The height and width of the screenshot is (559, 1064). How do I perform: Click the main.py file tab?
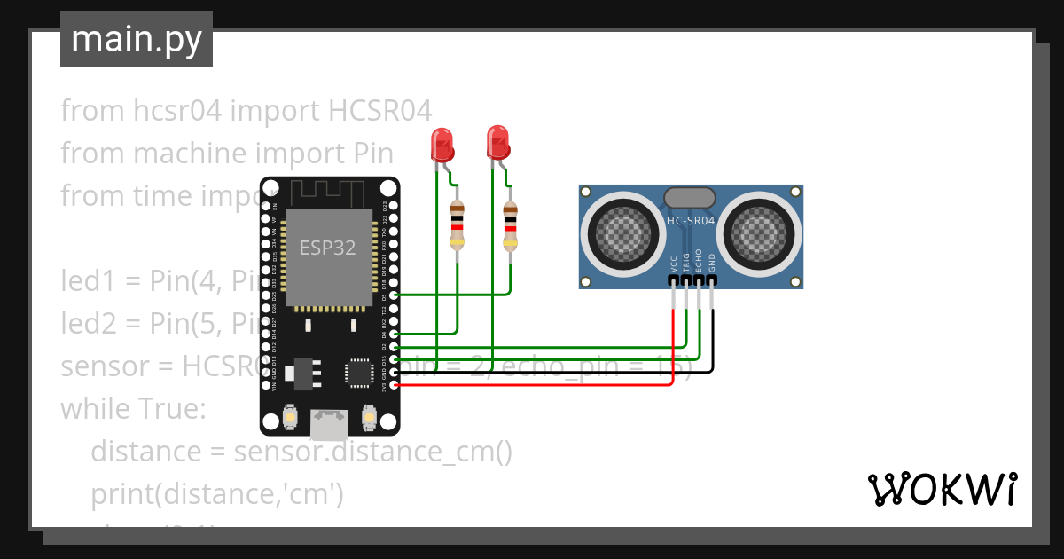pyautogui.click(x=136, y=39)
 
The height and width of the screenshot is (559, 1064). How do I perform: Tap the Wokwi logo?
pyautogui.click(x=941, y=489)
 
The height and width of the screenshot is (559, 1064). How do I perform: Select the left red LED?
pyautogui.click(x=442, y=144)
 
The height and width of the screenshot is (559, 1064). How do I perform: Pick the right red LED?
pyautogui.click(x=498, y=142)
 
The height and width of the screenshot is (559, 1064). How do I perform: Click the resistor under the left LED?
pyautogui.click(x=457, y=225)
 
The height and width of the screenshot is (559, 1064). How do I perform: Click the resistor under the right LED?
pyautogui.click(x=510, y=227)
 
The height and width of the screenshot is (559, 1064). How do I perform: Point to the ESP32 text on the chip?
pyautogui.click(x=327, y=248)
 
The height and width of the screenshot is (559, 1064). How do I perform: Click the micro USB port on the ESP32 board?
pyautogui.click(x=329, y=425)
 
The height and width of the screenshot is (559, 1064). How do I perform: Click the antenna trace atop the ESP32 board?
pyautogui.click(x=329, y=192)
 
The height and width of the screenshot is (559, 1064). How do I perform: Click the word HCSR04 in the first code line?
pyautogui.click(x=379, y=111)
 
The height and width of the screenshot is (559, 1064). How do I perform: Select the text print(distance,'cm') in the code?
pyautogui.click(x=216, y=493)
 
